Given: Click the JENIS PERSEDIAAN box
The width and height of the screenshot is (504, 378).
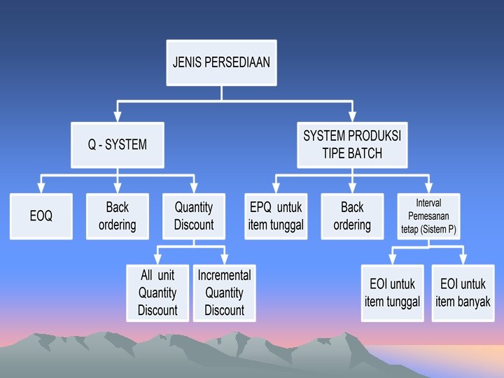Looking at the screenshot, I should (x=221, y=62).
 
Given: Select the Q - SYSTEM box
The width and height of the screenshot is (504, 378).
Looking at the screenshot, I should (x=117, y=146).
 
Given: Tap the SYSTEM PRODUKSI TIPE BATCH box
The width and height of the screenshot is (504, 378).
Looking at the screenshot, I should (x=352, y=145).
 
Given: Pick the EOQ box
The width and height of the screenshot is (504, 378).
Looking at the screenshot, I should (x=41, y=216).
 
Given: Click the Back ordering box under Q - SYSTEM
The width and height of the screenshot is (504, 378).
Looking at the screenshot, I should (x=117, y=216).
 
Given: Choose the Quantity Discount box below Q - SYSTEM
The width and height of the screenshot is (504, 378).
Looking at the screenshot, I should (x=194, y=216).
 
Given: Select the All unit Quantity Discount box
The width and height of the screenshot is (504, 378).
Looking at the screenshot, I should (x=157, y=293).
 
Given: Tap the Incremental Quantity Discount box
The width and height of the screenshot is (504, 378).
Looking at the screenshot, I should (x=224, y=293).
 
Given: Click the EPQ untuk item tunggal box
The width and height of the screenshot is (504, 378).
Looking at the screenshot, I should (x=276, y=216).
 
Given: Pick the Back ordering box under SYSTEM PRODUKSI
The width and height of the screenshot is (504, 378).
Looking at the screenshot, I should (x=352, y=216).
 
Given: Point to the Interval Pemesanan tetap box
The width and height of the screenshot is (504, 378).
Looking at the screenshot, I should (x=428, y=216).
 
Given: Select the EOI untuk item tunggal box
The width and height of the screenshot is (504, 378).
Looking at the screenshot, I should (x=392, y=293).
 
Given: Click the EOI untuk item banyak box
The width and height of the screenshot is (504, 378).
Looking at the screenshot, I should (x=463, y=293).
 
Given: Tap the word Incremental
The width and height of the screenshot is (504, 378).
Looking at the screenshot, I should (x=224, y=275).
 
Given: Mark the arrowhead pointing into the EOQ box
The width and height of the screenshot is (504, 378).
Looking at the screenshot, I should (x=41, y=190).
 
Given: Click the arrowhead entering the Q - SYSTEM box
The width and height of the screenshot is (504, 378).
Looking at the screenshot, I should (x=117, y=118).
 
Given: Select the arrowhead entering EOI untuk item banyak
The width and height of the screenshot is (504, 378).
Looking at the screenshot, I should (x=463, y=260).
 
